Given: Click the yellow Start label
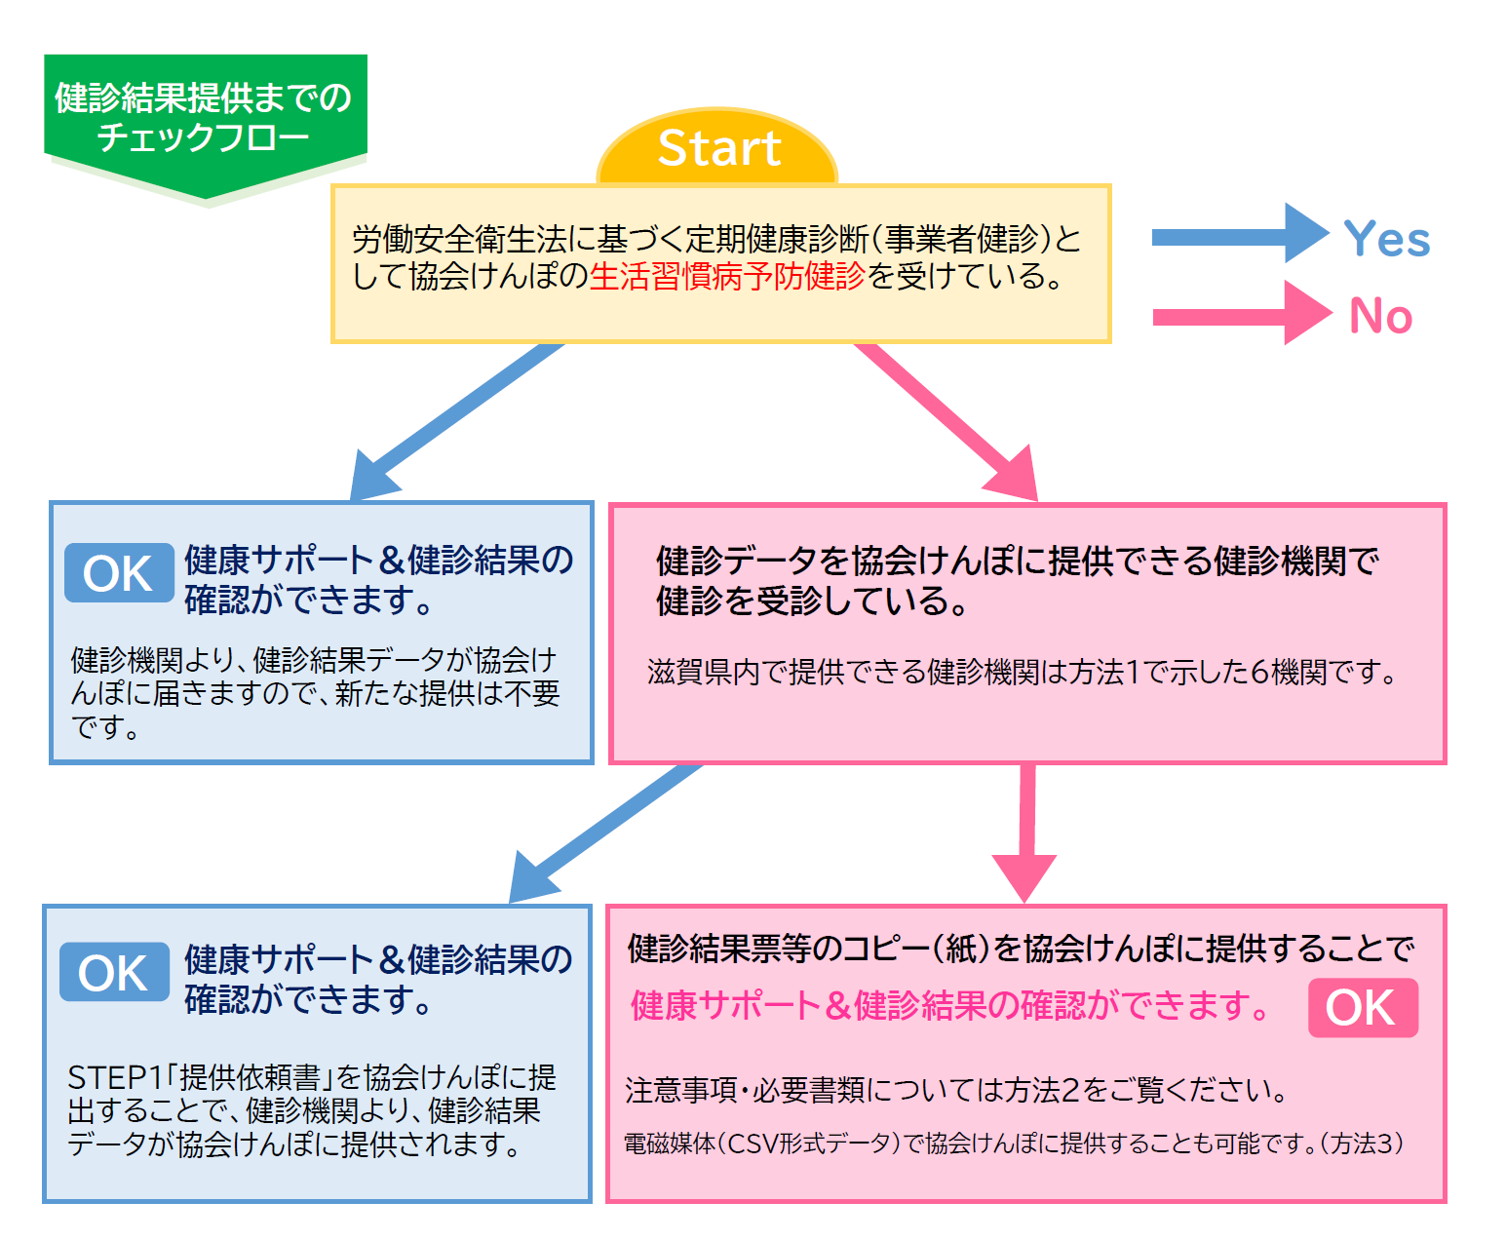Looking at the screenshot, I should click(x=718, y=148).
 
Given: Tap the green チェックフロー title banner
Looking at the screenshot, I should click(x=204, y=118).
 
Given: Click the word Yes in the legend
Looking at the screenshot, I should click(x=1386, y=239).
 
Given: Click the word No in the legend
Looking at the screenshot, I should click(x=1380, y=317).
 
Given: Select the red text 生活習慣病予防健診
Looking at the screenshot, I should click(x=727, y=277).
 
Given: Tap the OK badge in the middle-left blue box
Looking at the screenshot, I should click(x=119, y=573).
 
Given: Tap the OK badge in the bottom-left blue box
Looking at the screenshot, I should click(x=114, y=972).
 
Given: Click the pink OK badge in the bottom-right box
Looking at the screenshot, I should click(x=1362, y=1008).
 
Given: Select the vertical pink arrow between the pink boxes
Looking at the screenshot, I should click(x=1025, y=829).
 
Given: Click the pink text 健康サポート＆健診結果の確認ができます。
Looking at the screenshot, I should click(x=950, y=1005).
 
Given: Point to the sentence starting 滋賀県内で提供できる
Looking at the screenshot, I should click(x=1023, y=673).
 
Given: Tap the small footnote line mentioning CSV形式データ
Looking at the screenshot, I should click(x=1014, y=1144).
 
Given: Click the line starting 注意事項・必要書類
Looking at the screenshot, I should click(x=955, y=1090).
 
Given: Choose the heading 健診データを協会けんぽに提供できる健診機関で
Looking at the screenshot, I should click(x=1017, y=562).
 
